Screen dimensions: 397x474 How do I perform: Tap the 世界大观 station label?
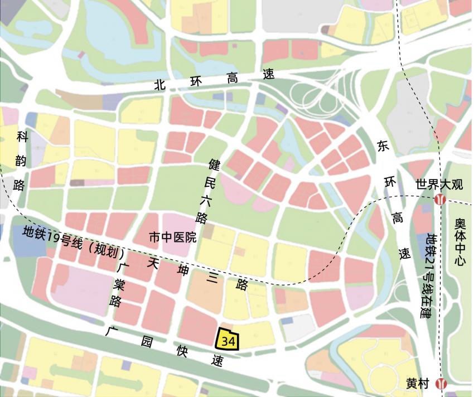(x=440, y=185)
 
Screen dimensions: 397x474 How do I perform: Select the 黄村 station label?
(x=418, y=384)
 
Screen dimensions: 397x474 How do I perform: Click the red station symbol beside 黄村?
(x=442, y=384)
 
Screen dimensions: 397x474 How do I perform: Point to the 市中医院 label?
(x=172, y=238)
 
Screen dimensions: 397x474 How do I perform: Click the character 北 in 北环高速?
(x=161, y=84)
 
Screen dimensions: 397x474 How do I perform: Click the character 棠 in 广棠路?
(x=119, y=285)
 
